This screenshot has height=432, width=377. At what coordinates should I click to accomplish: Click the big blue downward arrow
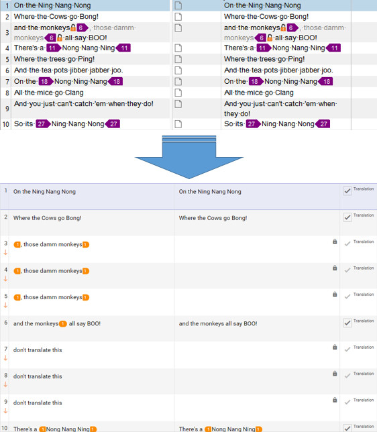(x=188, y=157)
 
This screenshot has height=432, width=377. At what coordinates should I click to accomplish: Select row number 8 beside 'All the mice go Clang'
(x=7, y=93)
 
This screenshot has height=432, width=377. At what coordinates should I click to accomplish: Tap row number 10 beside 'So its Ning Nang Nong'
(x=6, y=124)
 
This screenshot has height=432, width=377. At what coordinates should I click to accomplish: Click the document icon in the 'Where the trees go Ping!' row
(x=178, y=59)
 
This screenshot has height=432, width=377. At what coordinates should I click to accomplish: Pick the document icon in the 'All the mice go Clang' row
(x=178, y=93)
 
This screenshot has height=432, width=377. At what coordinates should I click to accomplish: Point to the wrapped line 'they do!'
(x=237, y=114)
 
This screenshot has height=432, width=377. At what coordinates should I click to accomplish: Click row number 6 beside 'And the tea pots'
(x=7, y=70)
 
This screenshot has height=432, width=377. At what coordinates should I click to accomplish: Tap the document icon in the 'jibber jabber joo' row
(x=178, y=70)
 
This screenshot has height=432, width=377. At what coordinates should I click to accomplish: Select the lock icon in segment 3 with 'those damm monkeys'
(x=335, y=241)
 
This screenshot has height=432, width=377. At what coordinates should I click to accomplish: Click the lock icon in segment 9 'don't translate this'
(x=335, y=400)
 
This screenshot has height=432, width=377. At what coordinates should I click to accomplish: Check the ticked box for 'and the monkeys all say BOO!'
(x=347, y=323)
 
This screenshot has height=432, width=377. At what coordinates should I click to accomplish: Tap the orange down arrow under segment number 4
(x=5, y=279)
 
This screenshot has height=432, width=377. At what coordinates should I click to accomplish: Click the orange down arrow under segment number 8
(x=5, y=384)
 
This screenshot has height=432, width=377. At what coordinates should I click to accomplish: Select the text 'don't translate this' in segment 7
(x=38, y=350)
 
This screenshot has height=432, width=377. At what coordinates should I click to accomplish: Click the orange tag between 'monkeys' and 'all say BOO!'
(x=63, y=324)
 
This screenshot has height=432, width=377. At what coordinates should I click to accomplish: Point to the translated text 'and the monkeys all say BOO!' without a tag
(x=218, y=323)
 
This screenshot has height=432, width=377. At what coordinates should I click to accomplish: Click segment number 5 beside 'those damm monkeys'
(x=6, y=296)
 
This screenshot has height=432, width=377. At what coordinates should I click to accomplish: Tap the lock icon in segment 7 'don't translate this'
(x=335, y=347)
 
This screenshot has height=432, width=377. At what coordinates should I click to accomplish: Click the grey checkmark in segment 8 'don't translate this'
(x=347, y=376)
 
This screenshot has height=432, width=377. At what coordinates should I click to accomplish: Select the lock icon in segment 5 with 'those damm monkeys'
(x=335, y=294)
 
